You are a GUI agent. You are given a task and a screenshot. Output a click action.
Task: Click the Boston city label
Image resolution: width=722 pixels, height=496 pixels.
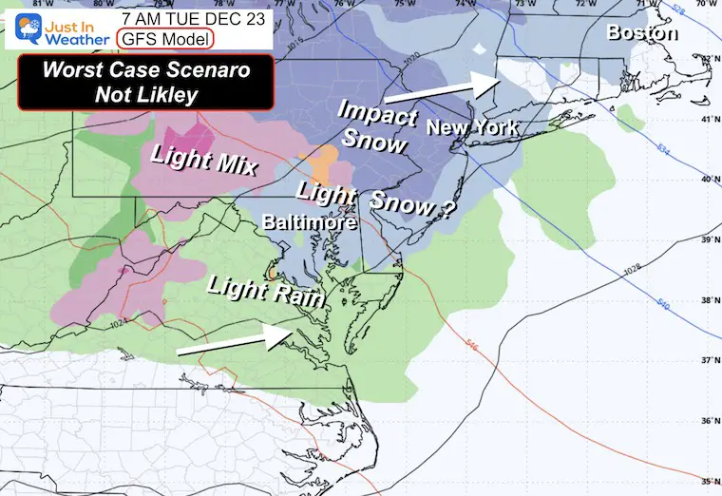pos(643,33)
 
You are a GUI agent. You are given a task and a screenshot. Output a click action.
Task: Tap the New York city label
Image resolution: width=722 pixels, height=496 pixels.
pos(471,126)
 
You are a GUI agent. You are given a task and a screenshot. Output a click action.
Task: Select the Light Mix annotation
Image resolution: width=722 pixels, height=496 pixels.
pos(199,160)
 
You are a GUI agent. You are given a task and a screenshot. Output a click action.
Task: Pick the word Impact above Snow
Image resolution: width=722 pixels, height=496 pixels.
pos(377,119)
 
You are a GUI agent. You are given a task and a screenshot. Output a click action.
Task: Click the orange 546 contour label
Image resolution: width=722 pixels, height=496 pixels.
pos(471,347)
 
